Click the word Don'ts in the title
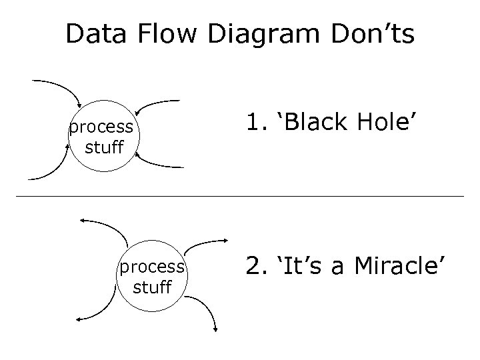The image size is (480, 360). pyautogui.click(x=372, y=34)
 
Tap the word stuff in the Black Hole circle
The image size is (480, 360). pyautogui.click(x=105, y=146)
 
